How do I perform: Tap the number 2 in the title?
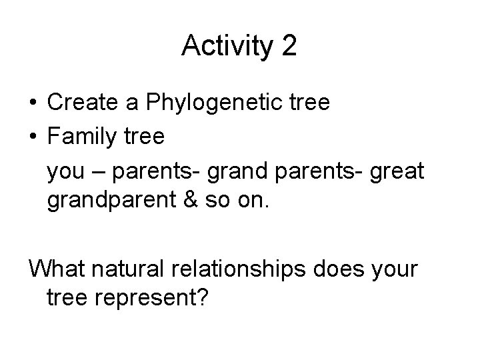tap(289, 46)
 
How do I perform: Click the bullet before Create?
tap(33, 103)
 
